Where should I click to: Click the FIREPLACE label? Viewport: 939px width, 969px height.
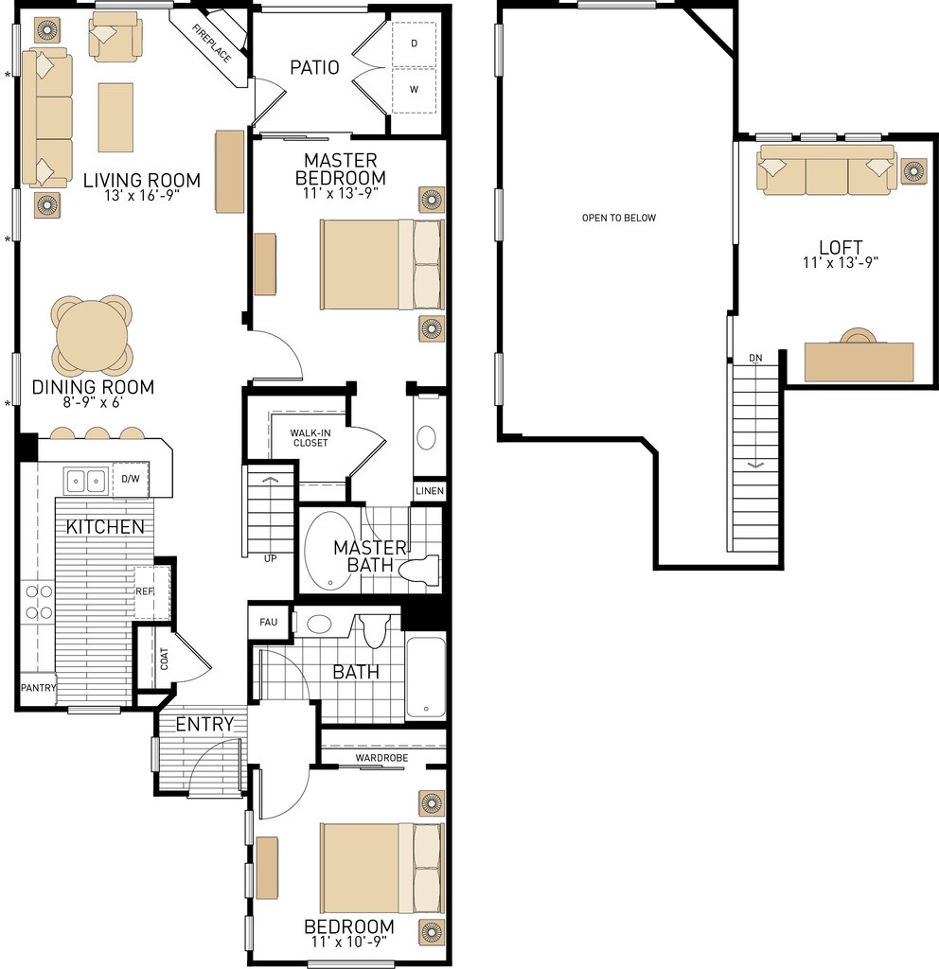[x=211, y=44]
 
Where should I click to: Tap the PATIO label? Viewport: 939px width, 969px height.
[x=314, y=67]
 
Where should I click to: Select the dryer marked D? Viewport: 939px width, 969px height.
[x=415, y=44]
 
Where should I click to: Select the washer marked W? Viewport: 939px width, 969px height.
[x=415, y=90]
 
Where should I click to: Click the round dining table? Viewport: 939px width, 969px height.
[x=92, y=337]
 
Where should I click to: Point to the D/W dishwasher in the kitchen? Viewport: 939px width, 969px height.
[x=131, y=479]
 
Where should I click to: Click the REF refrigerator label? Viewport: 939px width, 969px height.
[x=144, y=591]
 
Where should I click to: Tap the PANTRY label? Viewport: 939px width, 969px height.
[x=38, y=687]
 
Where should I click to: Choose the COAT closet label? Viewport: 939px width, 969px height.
[x=164, y=659]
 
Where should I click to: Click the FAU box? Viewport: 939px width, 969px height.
[x=268, y=623]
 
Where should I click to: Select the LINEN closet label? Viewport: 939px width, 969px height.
[x=430, y=491]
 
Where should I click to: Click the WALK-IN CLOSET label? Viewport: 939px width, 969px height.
[x=310, y=438]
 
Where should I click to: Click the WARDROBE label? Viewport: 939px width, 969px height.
[x=381, y=758]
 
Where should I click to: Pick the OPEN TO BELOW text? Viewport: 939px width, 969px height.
[x=619, y=218]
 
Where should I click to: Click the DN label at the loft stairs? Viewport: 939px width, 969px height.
[x=755, y=358]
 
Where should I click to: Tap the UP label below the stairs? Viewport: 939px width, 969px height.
[x=270, y=558]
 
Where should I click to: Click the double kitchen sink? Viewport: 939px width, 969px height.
[x=85, y=480]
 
